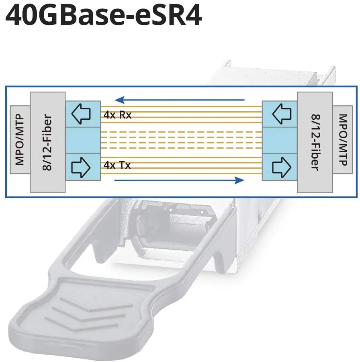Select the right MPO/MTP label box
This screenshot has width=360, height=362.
[342, 140]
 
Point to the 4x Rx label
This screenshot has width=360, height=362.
[117, 115]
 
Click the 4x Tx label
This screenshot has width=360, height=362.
[117, 165]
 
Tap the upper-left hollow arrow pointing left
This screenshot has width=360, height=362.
[82, 114]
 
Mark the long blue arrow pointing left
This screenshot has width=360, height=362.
[179, 99]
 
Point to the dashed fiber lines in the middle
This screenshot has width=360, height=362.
[181, 140]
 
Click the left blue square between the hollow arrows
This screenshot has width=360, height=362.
[82, 140]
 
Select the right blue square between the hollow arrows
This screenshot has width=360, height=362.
[279, 140]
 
